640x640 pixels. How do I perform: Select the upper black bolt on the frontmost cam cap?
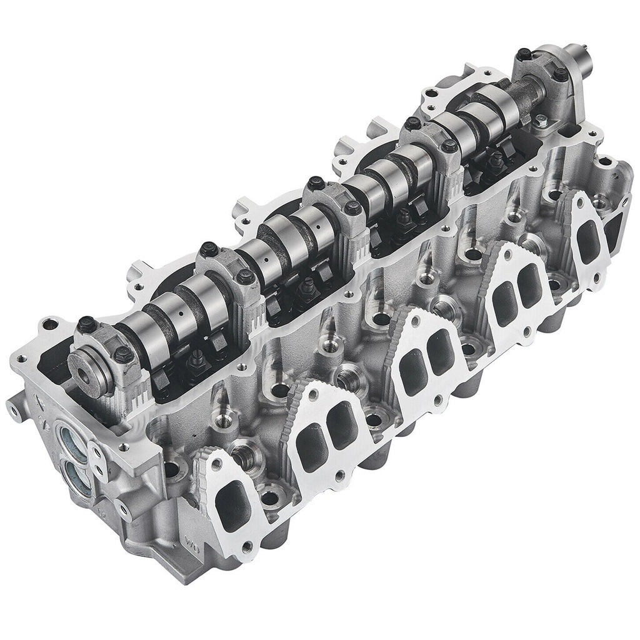pyautogui.click(x=87, y=324)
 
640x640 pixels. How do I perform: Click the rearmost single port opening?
pyautogui.click(x=588, y=241)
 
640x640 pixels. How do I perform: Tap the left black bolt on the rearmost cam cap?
pyautogui.click(x=522, y=55)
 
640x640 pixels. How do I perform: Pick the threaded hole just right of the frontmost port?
pyautogui.click(x=270, y=498)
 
